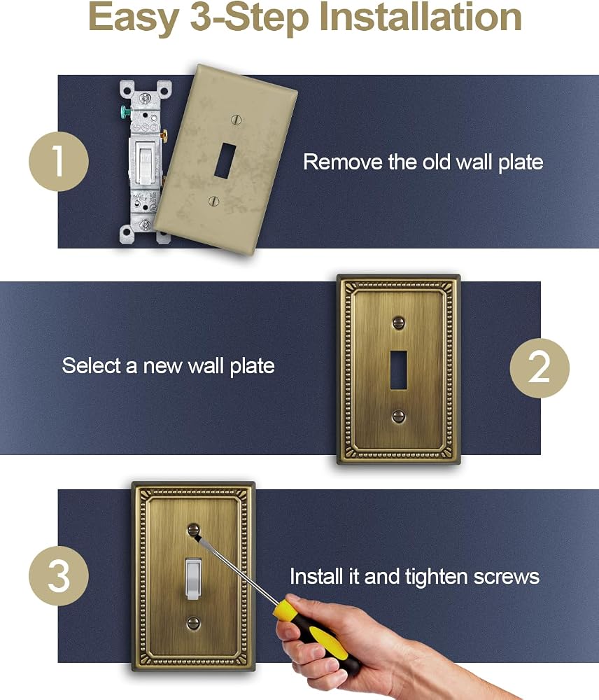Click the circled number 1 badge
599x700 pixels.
[x=59, y=161]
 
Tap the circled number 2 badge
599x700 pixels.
[x=540, y=367]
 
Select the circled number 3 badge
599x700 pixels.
[x=59, y=575]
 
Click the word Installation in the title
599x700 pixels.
[x=421, y=17]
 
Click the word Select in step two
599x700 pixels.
[x=92, y=365]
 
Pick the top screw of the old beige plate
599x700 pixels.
[x=236, y=120]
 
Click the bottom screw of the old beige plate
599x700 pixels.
[x=214, y=201]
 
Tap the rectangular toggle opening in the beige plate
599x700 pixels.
[x=225, y=160]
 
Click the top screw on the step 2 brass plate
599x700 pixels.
[x=398, y=322]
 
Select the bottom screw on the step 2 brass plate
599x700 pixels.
[x=398, y=416]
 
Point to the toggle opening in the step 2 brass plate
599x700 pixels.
[x=398, y=370]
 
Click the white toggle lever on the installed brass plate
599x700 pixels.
[x=193, y=579]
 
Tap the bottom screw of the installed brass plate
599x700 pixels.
[x=193, y=623]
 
